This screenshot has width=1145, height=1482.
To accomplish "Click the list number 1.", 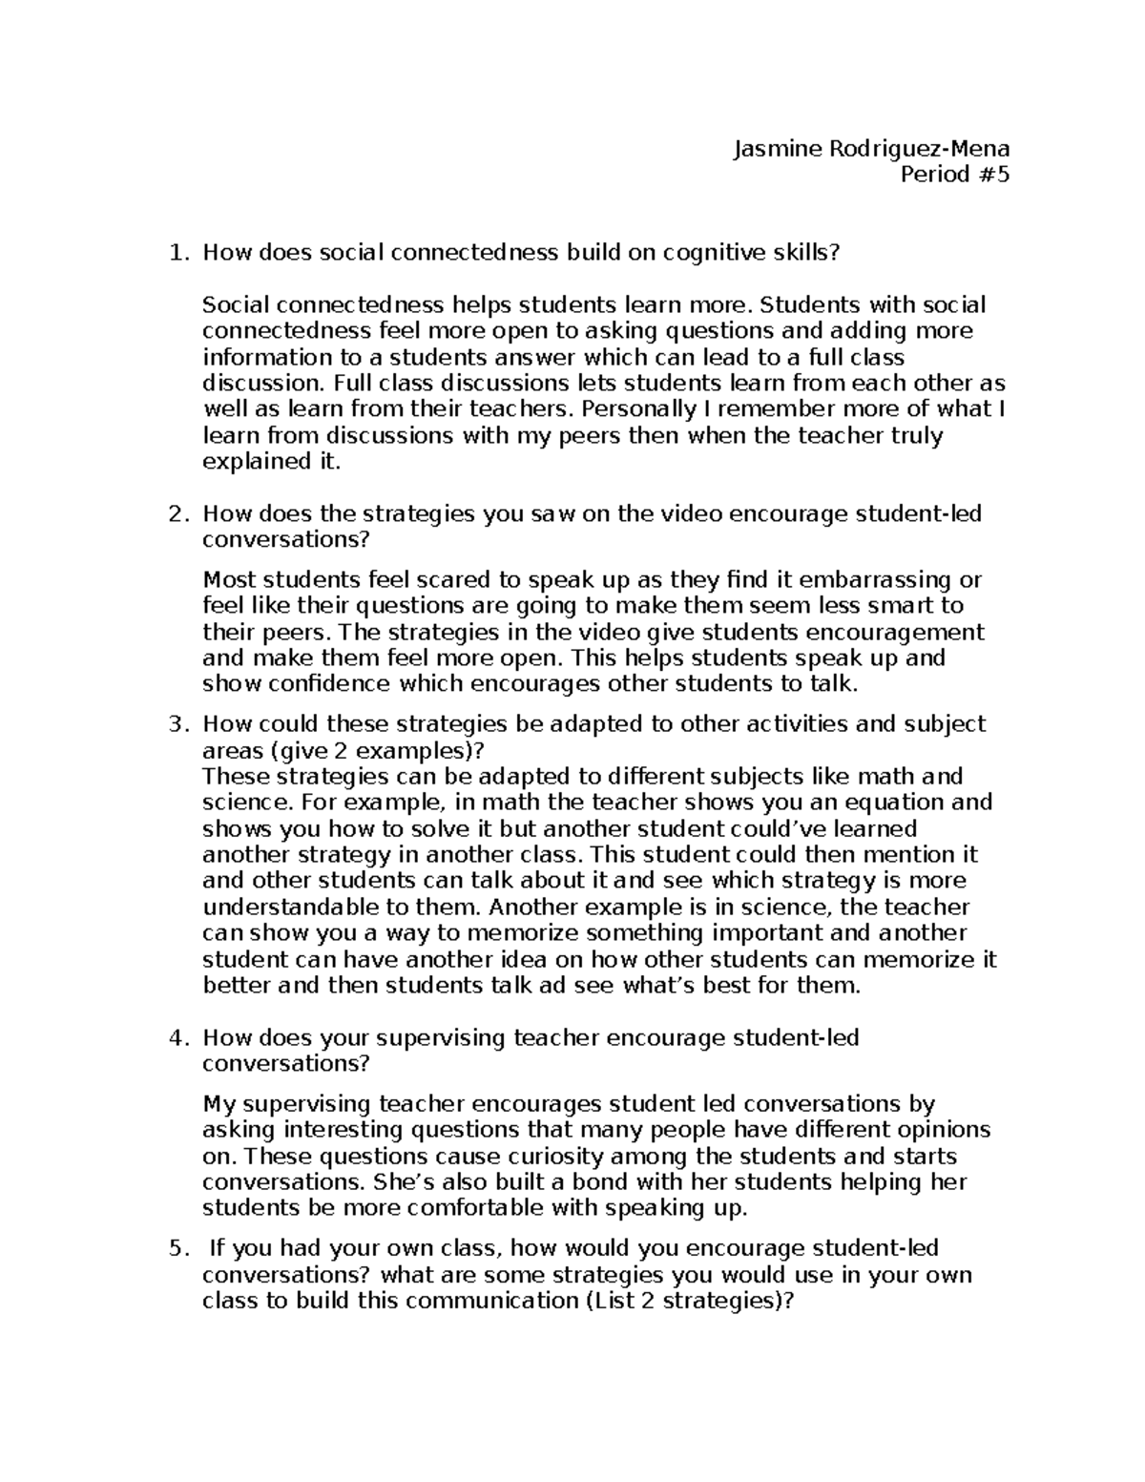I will [x=174, y=253].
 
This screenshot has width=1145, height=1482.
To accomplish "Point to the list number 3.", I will [x=174, y=724].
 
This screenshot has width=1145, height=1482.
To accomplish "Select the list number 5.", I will [x=174, y=1248].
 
